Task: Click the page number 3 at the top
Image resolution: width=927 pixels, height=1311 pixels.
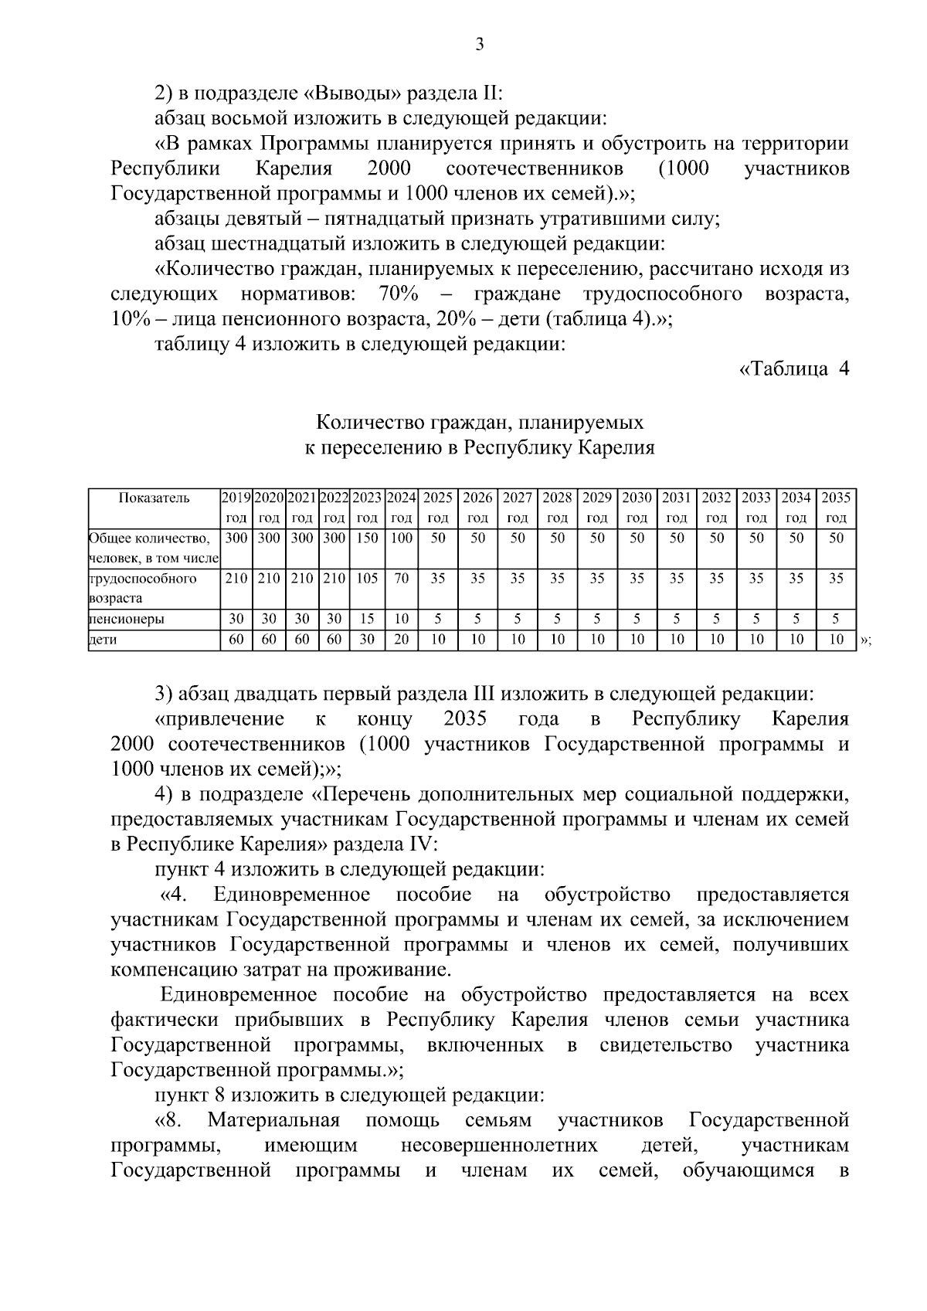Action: pos(479,45)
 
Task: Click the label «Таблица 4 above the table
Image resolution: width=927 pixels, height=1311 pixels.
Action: pos(794,369)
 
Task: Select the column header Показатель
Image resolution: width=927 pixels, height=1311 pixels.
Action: pos(154,498)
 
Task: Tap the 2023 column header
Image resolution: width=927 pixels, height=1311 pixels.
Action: pos(368,508)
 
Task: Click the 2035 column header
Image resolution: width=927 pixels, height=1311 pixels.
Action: pos(836,508)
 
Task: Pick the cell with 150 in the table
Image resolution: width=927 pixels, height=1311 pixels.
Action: pos(368,538)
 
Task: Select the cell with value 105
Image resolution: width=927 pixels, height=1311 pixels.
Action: pos(368,579)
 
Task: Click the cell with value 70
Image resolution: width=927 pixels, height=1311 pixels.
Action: pos(401,579)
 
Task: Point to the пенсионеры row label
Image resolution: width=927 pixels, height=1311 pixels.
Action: pos(126,620)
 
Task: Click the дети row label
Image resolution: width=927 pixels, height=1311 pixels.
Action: pos(104,640)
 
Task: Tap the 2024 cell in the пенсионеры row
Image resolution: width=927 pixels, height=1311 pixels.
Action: pos(401,619)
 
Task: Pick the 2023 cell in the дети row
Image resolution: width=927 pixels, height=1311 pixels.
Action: pos(368,639)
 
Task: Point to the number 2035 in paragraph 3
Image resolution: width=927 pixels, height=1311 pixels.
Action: pos(465,719)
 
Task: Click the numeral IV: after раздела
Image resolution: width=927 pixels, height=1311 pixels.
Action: pos(420,844)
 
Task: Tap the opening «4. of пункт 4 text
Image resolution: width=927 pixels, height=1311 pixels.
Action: pos(174,895)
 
